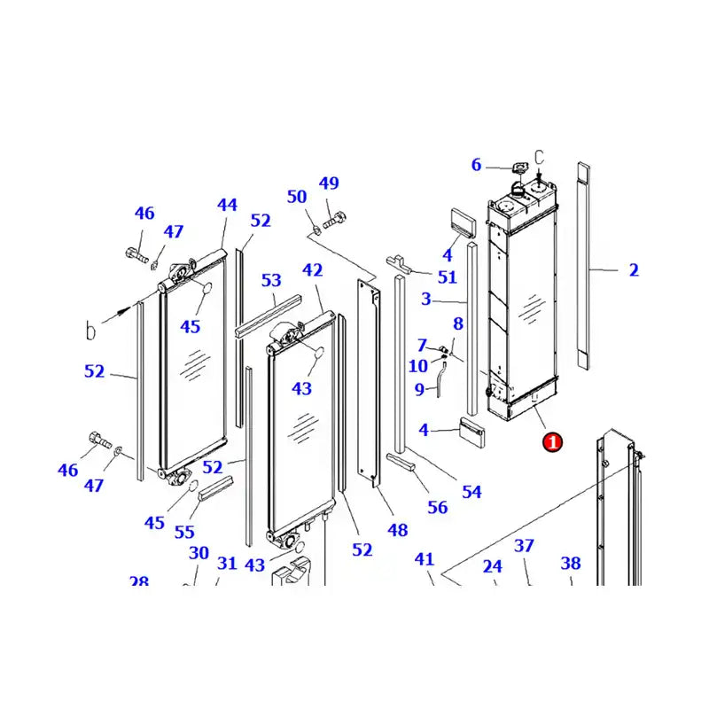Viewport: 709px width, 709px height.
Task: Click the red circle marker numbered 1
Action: click(x=552, y=440)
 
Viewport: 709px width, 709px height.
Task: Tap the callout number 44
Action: click(x=227, y=205)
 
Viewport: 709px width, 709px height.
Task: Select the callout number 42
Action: click(x=312, y=270)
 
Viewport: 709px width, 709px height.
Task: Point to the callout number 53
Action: click(x=270, y=281)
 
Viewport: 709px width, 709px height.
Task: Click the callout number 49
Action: click(x=329, y=183)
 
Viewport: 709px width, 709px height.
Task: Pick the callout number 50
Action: click(x=297, y=197)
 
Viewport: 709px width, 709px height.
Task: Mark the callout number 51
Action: click(x=447, y=277)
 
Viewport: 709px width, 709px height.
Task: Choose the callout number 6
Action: click(x=476, y=165)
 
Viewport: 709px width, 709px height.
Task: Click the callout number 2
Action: click(x=634, y=270)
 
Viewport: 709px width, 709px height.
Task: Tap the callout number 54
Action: click(x=471, y=491)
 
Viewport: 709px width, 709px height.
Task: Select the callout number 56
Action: click(x=438, y=508)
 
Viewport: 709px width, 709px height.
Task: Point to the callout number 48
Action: click(x=397, y=530)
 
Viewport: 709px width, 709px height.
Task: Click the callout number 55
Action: click(x=183, y=532)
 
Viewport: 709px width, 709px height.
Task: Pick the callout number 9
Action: click(x=420, y=389)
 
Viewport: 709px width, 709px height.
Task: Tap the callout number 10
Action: click(x=418, y=366)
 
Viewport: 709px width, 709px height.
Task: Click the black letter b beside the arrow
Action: click(x=90, y=331)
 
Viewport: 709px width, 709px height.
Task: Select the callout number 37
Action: click(x=525, y=545)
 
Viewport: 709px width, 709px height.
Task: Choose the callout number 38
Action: click(x=571, y=563)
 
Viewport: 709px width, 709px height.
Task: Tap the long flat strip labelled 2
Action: click(x=582, y=266)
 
